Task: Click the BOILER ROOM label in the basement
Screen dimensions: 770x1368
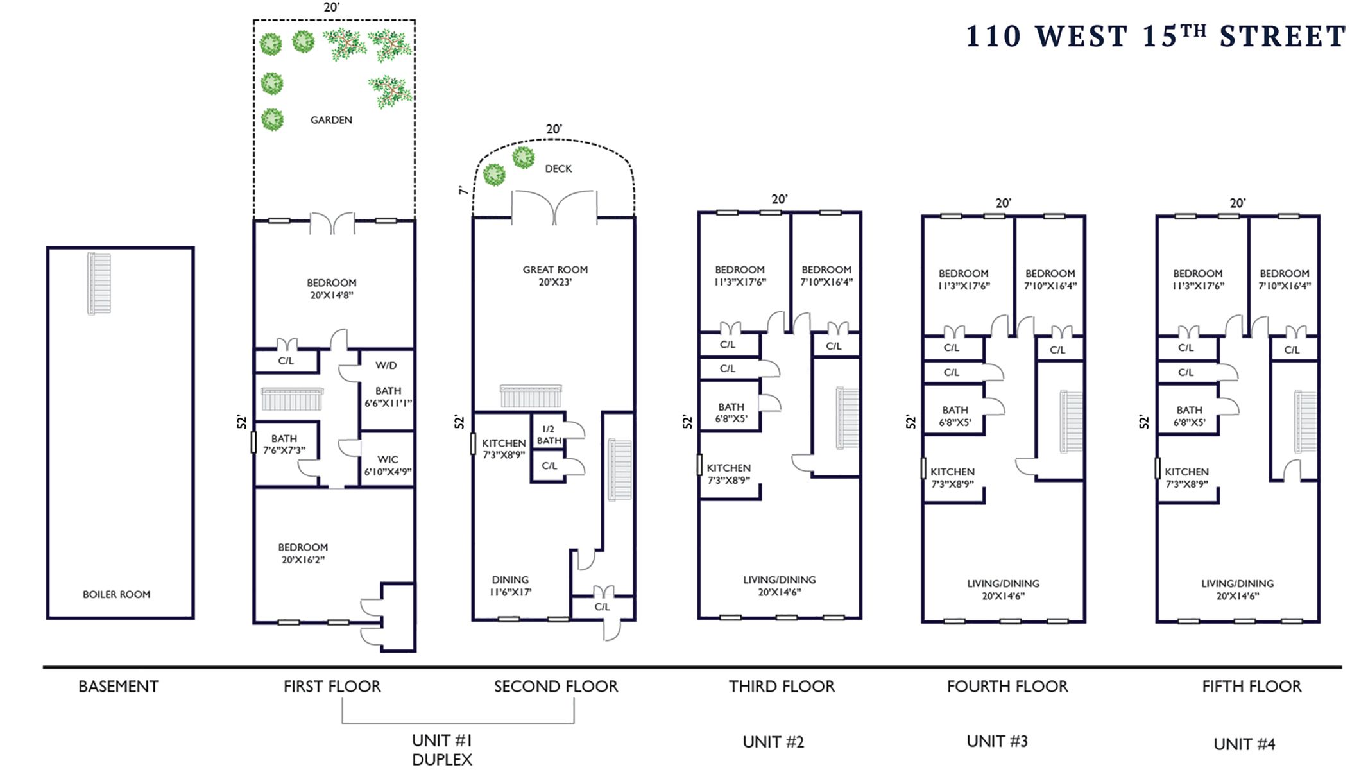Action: [117, 595]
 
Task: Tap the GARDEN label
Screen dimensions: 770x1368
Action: [331, 120]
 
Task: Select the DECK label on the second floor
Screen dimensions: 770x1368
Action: [558, 169]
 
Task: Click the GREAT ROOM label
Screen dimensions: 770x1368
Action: [555, 276]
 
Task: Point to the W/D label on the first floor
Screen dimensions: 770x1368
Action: [386, 366]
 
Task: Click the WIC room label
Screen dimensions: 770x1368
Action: [388, 465]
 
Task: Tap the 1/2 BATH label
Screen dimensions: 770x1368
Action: [549, 435]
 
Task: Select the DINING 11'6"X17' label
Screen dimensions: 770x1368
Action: [511, 586]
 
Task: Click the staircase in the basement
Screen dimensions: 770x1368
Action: [99, 283]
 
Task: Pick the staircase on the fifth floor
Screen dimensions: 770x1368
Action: [1305, 422]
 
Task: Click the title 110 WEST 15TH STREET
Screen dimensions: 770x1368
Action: [1156, 37]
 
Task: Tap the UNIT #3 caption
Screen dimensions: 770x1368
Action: [997, 742]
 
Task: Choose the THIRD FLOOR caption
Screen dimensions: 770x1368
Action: [782, 687]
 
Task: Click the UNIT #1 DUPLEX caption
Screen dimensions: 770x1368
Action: [442, 749]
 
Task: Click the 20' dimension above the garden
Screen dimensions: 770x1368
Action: [331, 8]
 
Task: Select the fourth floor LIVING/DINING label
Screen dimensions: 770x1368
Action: [1004, 590]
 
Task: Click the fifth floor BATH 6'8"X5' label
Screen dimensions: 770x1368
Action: [1190, 416]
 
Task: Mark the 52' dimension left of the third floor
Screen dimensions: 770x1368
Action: [688, 422]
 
